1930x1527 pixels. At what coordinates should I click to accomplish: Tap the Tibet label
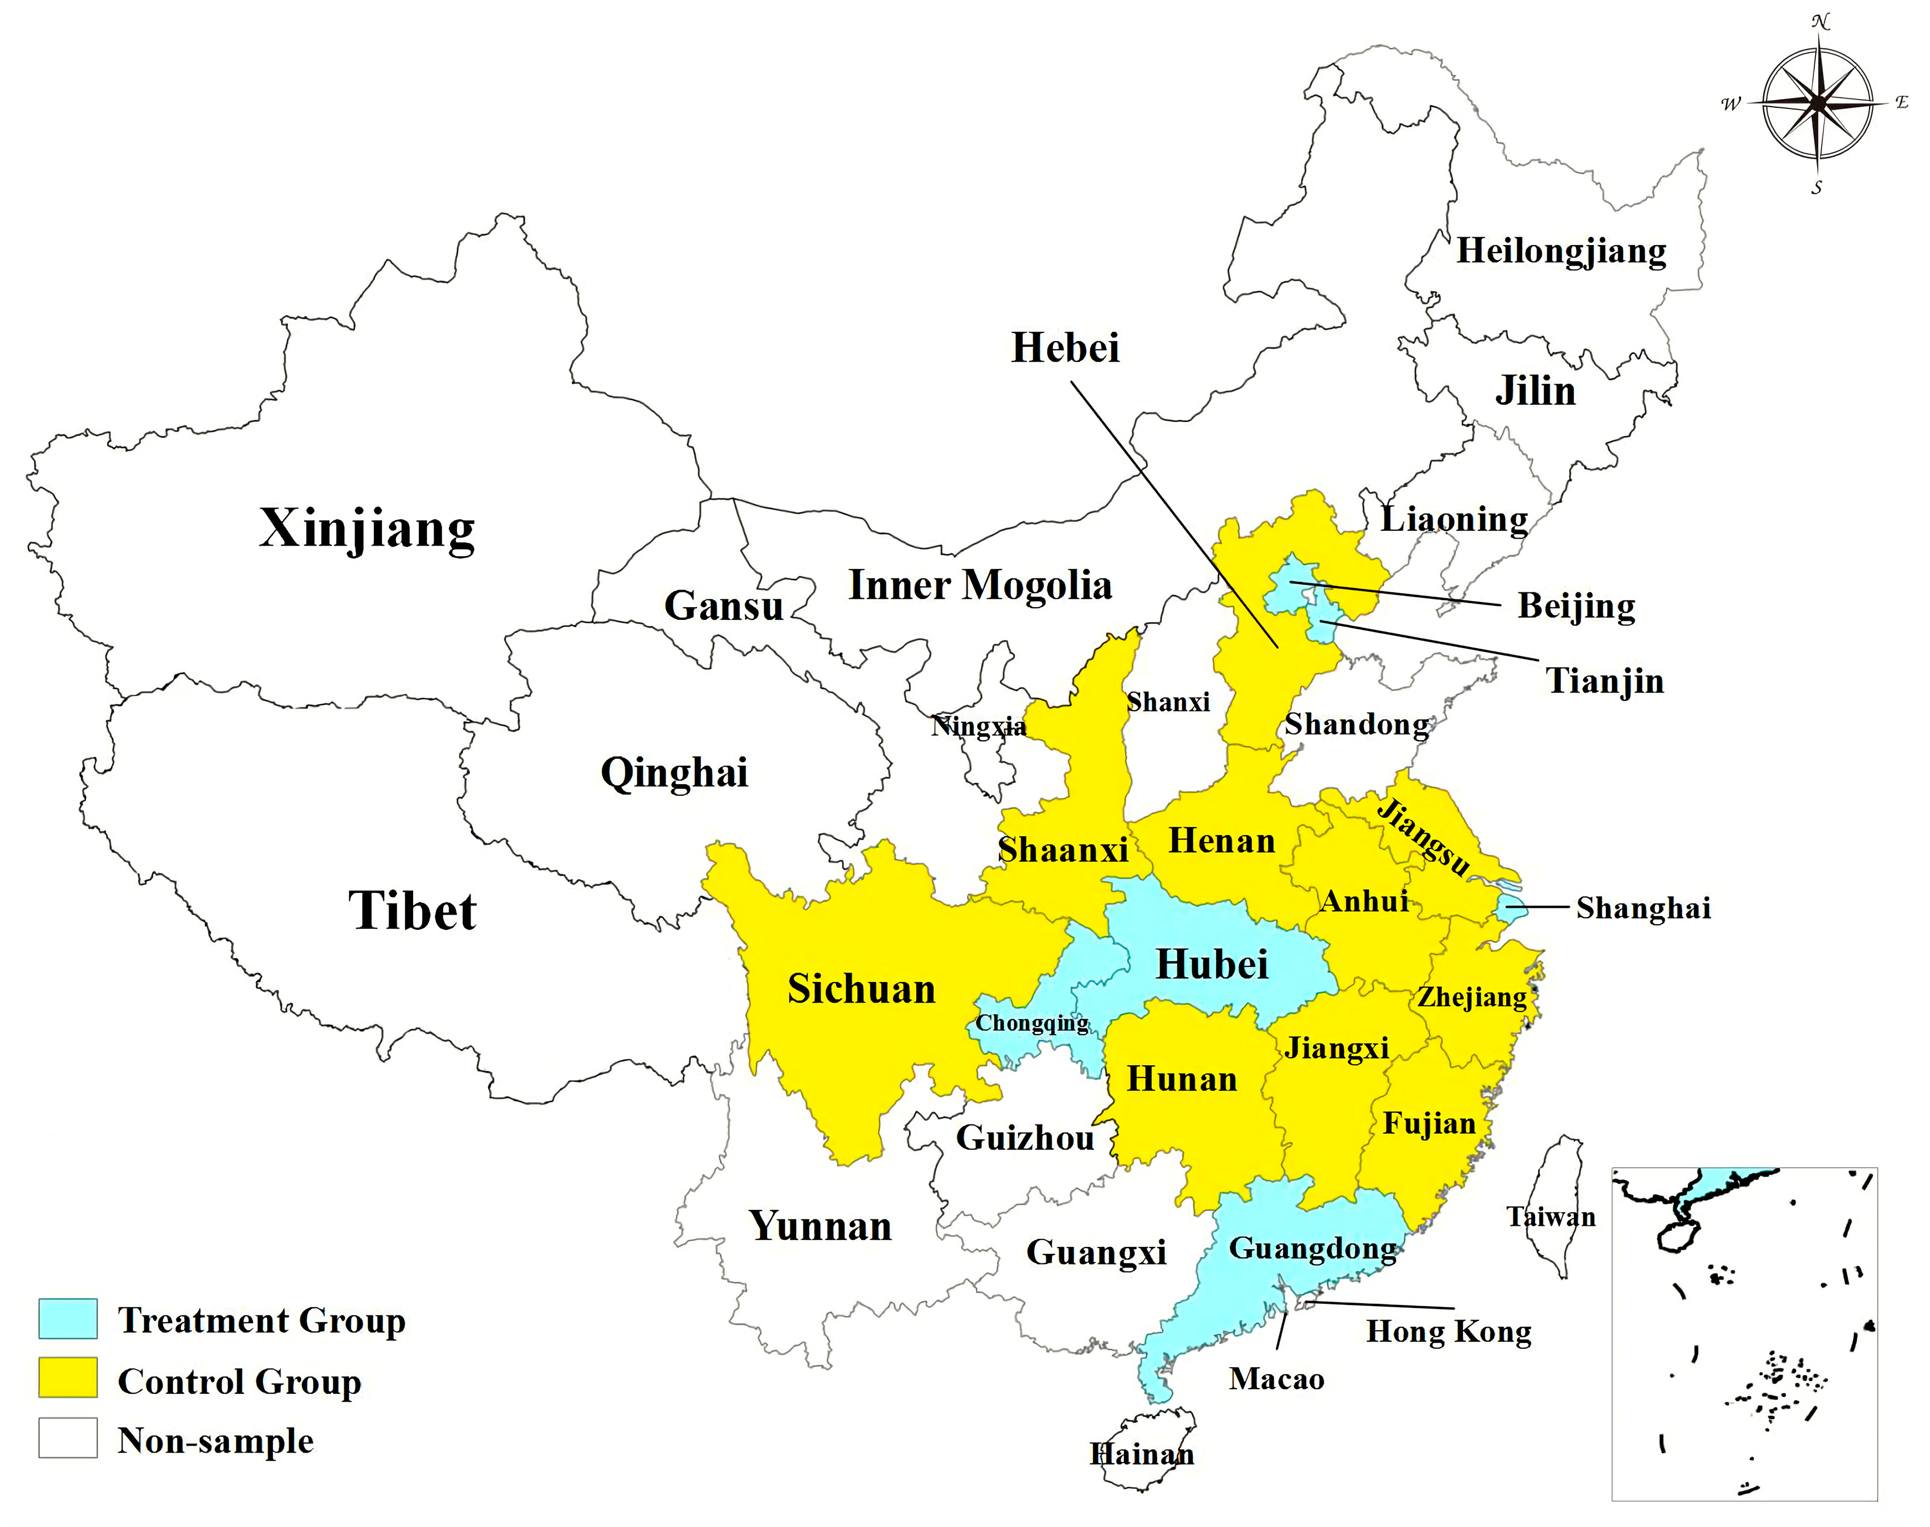coord(412,911)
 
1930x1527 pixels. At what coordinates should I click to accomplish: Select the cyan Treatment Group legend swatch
coord(68,1318)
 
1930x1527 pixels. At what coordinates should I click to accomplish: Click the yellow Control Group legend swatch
coord(68,1378)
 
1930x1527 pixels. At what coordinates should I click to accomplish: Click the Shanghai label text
coord(1643,908)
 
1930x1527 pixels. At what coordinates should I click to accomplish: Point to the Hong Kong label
coord(1448,1331)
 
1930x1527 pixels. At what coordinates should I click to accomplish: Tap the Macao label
coord(1277,1379)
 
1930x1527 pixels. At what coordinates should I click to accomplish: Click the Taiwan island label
coord(1551,1217)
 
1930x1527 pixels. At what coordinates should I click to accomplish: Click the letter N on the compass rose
coord(1820,22)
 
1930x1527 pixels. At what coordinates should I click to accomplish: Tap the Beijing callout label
coord(1576,606)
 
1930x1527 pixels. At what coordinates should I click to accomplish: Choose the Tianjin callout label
coord(1605,681)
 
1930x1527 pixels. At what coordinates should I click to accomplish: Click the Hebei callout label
coord(1065,348)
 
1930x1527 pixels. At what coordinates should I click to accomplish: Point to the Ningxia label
coord(978,726)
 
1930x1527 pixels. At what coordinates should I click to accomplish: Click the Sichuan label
coord(861,989)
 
